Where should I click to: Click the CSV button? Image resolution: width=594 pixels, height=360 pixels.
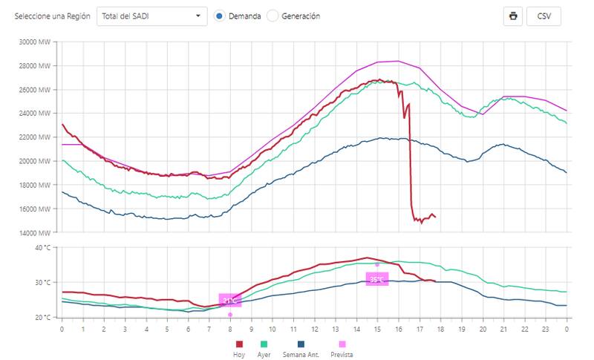(x=544, y=16)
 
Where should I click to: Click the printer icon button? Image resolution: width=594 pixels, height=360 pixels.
(x=512, y=16)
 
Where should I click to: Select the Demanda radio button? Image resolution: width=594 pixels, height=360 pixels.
(x=220, y=16)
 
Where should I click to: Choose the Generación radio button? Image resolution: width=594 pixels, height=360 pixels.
(x=272, y=16)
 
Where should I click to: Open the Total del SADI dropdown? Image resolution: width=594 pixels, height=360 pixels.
(x=152, y=16)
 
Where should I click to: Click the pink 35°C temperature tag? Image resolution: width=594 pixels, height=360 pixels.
(x=377, y=279)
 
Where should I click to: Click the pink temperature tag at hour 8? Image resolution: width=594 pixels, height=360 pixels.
(x=230, y=301)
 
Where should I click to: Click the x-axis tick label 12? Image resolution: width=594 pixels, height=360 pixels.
(x=314, y=328)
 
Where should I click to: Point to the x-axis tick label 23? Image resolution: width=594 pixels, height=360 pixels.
(x=546, y=328)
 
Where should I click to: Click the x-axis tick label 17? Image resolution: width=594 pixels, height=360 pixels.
(x=420, y=328)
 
